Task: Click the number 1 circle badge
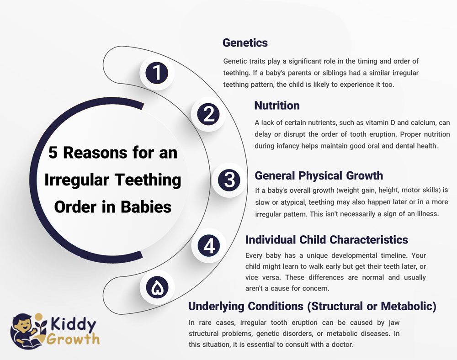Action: pos(157,73)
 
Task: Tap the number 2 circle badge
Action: pos(208,114)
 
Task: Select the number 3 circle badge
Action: pos(229,180)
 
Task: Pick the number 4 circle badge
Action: pos(209,245)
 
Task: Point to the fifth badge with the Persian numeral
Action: pos(157,287)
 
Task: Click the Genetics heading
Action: pos(245,43)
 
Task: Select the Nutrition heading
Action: pos(277,106)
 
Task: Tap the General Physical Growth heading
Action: pos(319,175)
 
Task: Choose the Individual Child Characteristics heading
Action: pos(326,240)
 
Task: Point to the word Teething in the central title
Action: pos(148,180)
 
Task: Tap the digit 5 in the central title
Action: pos(53,153)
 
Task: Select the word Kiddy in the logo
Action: pos(74,324)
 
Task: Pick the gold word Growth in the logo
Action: pos(73,339)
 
